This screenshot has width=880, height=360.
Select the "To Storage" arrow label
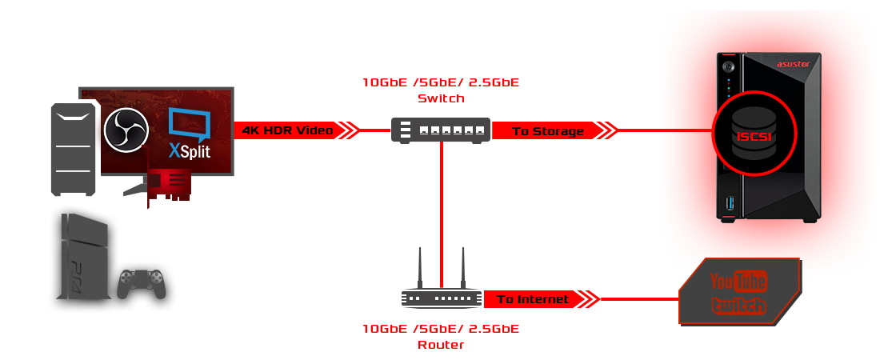[548, 130]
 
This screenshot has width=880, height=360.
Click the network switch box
[441, 130]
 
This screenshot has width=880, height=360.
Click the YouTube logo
[738, 282]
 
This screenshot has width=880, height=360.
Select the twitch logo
[738, 306]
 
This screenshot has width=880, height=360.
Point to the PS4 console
[82, 260]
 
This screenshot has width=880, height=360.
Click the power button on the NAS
[729, 66]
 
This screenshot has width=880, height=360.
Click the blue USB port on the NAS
[729, 205]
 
